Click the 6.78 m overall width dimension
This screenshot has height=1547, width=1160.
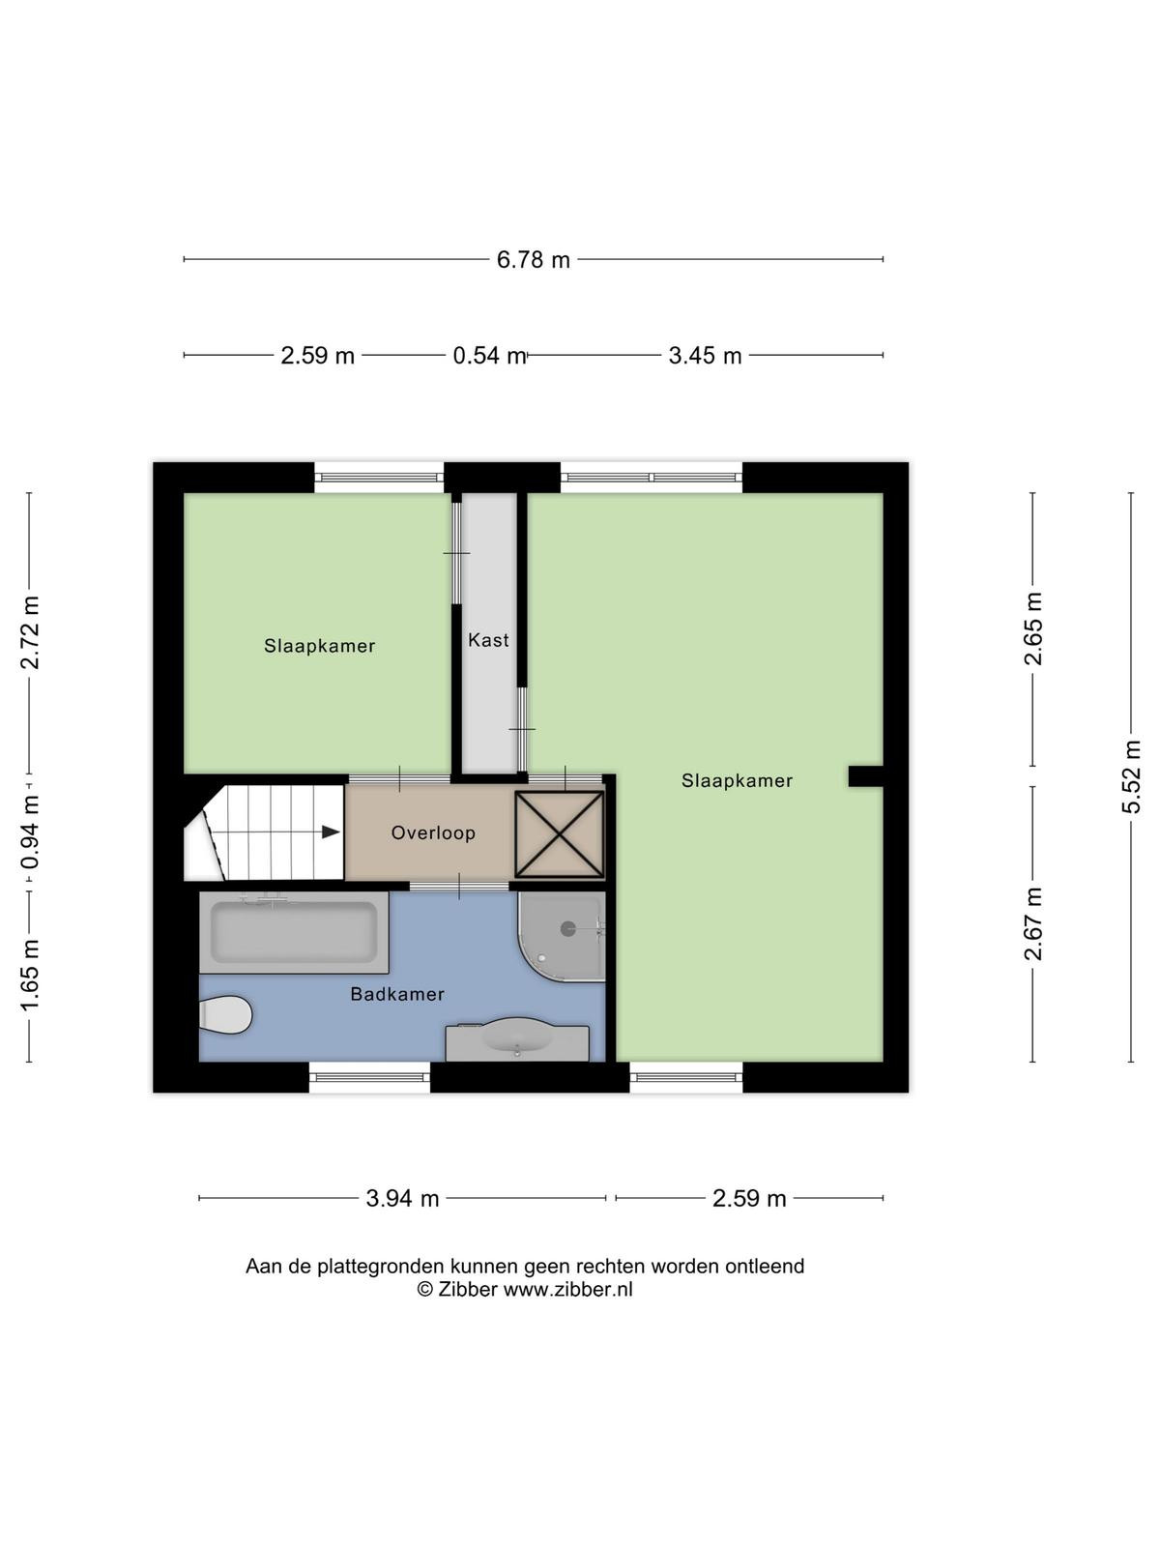[x=534, y=260]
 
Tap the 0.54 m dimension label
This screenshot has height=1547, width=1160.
[x=489, y=355]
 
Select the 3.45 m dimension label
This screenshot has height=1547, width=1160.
[x=705, y=355]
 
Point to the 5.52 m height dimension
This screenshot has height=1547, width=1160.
[x=1131, y=776]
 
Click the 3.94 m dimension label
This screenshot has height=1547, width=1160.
[x=402, y=1198]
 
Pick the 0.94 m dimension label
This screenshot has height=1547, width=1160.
[x=30, y=832]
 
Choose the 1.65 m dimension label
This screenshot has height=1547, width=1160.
[x=30, y=976]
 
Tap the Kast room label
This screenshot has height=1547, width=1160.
[x=488, y=640]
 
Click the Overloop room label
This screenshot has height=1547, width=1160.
[x=433, y=833]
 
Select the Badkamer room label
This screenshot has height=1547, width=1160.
[x=397, y=995]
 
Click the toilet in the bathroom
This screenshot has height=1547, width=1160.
[x=225, y=1015]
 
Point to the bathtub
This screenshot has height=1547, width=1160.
[x=294, y=932]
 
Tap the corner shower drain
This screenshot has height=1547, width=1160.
[x=568, y=929]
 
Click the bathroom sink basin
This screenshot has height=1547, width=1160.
[x=517, y=1036]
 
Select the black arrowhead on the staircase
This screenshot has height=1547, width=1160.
[x=331, y=832]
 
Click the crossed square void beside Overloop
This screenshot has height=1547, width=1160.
[x=560, y=834]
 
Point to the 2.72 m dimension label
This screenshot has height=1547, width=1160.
[x=30, y=632]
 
